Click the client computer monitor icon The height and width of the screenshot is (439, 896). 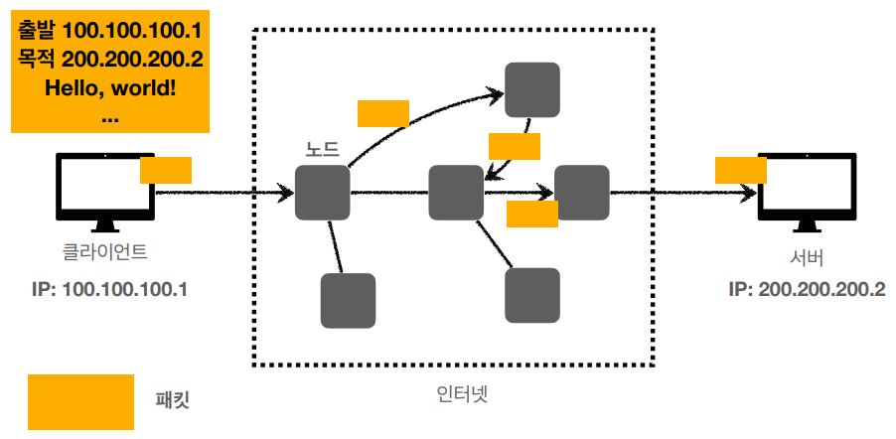[105, 190]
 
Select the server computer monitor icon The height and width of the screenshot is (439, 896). [806, 190]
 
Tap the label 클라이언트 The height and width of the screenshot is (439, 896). [105, 252]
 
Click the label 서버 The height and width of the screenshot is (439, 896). [807, 259]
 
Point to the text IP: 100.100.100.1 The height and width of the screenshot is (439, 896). [109, 290]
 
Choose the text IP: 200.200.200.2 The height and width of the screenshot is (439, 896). [806, 290]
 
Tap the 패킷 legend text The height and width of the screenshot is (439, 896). [173, 400]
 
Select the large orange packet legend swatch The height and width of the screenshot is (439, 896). [80, 401]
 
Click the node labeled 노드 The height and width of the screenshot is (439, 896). [323, 193]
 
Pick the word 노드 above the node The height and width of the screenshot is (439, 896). [322, 151]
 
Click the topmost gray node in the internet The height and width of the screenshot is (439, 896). [531, 90]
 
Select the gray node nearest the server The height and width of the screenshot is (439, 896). [581, 193]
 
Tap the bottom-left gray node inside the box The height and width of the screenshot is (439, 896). [348, 301]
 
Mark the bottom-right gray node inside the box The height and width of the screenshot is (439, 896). [531, 295]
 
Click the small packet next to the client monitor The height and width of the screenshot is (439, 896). [166, 170]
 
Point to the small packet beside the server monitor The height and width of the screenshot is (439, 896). [741, 170]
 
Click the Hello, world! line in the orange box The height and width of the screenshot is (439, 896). [110, 87]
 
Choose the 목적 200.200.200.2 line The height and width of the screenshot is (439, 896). [110, 60]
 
